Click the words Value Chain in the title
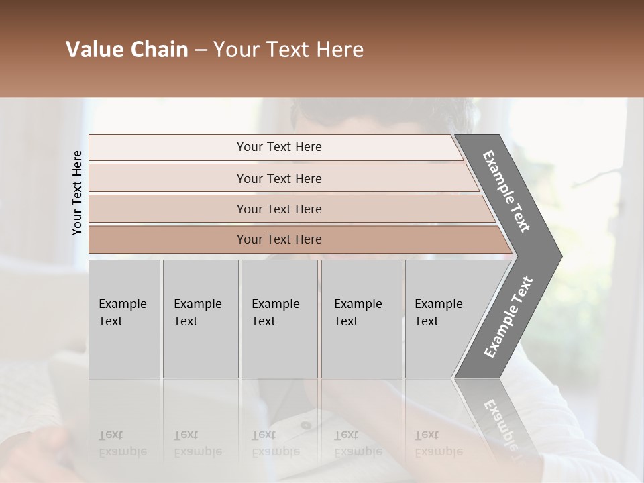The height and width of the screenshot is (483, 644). pyautogui.click(x=127, y=50)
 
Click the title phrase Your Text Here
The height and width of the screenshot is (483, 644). pyautogui.click(x=288, y=50)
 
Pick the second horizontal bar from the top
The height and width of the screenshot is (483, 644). pyautogui.click(x=279, y=178)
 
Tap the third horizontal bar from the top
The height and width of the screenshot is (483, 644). pyautogui.click(x=279, y=209)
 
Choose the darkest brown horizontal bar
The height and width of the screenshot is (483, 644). pyautogui.click(x=279, y=239)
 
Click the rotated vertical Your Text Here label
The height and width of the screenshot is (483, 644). pyautogui.click(x=77, y=193)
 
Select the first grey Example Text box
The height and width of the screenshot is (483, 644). pyautogui.click(x=124, y=319)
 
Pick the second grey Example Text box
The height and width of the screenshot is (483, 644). pyautogui.click(x=200, y=319)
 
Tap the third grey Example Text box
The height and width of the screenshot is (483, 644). pyautogui.click(x=279, y=319)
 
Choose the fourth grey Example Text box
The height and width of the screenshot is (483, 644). pyautogui.click(x=361, y=319)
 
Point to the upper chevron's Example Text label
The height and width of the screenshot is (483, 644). pyautogui.click(x=507, y=191)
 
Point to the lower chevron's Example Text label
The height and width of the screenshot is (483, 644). pyautogui.click(x=508, y=317)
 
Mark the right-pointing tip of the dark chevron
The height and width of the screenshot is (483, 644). pyautogui.click(x=560, y=256)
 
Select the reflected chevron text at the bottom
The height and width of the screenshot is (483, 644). pyautogui.click(x=500, y=423)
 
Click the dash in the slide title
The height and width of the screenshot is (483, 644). pyautogui.click(x=201, y=50)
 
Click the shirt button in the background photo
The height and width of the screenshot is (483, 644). pyautogui.click(x=306, y=425)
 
